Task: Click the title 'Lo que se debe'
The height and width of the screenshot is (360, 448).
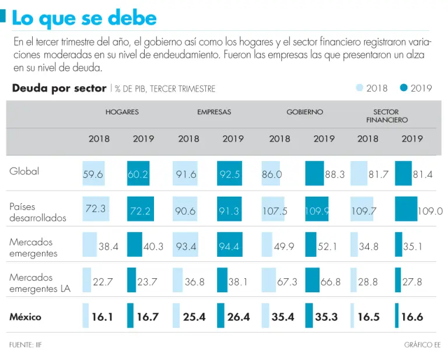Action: pyautogui.click(x=84, y=18)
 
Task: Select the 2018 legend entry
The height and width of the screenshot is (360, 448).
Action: pyautogui.click(x=372, y=88)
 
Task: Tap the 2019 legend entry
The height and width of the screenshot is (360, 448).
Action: pyautogui.click(x=416, y=88)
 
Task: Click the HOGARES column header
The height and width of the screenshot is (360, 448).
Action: pyautogui.click(x=122, y=112)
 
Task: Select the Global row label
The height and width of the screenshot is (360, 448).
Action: pyautogui.click(x=24, y=172)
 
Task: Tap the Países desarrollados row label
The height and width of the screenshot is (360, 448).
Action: pyautogui.click(x=38, y=212)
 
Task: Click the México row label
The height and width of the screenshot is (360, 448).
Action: pyautogui.click(x=25, y=317)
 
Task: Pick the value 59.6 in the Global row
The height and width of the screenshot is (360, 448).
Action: pyautogui.click(x=93, y=174)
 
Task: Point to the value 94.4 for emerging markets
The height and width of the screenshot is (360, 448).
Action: pyautogui.click(x=229, y=247)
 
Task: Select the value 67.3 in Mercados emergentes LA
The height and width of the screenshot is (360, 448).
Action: pyautogui.click(x=287, y=282)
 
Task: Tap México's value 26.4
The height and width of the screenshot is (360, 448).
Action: pyautogui.click(x=237, y=317)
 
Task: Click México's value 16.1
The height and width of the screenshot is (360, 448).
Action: pyautogui.click(x=101, y=317)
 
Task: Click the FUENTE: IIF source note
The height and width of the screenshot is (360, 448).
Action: pyautogui.click(x=25, y=345)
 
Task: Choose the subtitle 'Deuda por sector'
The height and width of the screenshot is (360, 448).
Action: pyautogui.click(x=59, y=88)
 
